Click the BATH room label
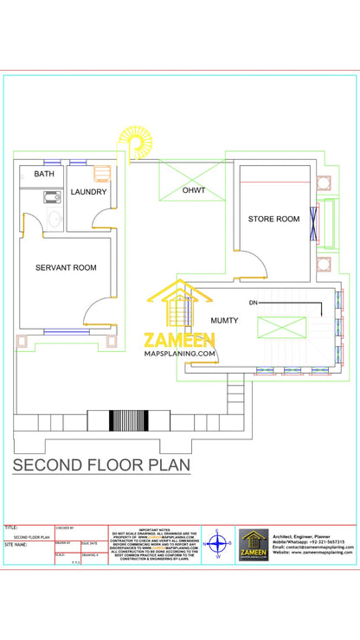pyautogui.click(x=43, y=174)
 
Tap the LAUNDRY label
pyautogui.click(x=89, y=192)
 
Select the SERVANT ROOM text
pyautogui.click(x=66, y=268)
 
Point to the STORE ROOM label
pyautogui.click(x=274, y=220)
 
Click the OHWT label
pyautogui.click(x=193, y=190)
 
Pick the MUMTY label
pyautogui.click(x=224, y=320)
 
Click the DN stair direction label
pyautogui.click(x=254, y=303)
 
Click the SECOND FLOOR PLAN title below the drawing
pyautogui.click(x=101, y=466)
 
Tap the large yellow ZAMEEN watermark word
pyautogui.click(x=180, y=339)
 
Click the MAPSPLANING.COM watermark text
pyautogui.click(x=180, y=354)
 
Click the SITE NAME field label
pyautogui.click(x=16, y=545)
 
